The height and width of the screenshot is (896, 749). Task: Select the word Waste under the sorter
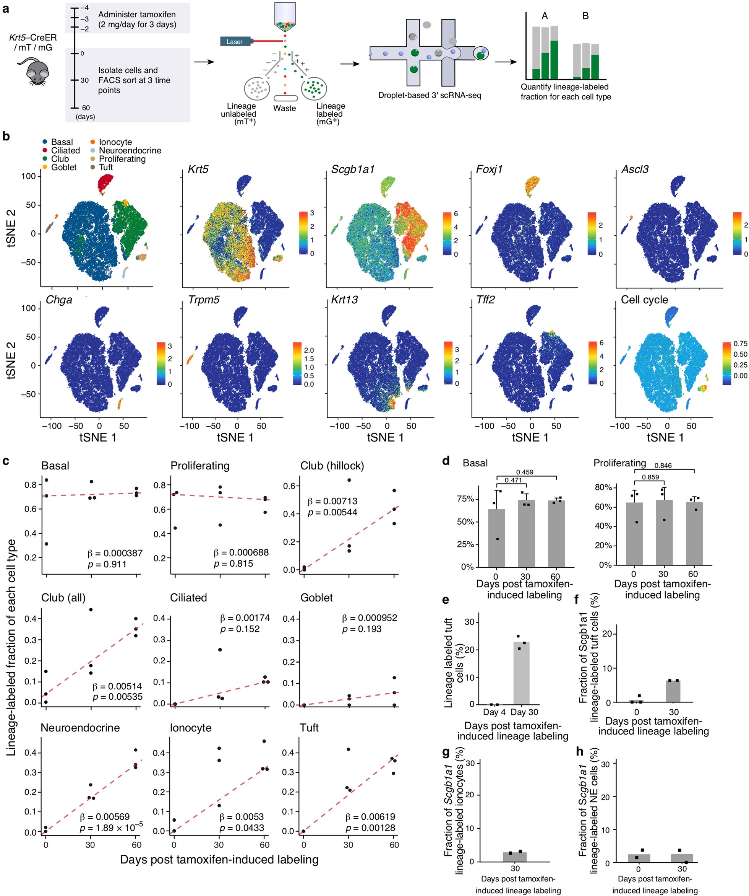284,108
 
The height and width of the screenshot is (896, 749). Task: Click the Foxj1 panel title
489,169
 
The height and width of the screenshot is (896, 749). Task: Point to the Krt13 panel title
344,300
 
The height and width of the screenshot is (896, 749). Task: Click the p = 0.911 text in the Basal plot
107,564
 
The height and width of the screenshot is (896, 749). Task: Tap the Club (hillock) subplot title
332,466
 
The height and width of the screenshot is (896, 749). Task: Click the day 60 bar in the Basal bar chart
556,533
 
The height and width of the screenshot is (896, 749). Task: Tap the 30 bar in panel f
673,691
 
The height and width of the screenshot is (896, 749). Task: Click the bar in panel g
514,857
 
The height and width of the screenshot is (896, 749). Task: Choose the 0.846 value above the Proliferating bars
663,466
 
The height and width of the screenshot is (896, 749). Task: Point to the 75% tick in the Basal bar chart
465,499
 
